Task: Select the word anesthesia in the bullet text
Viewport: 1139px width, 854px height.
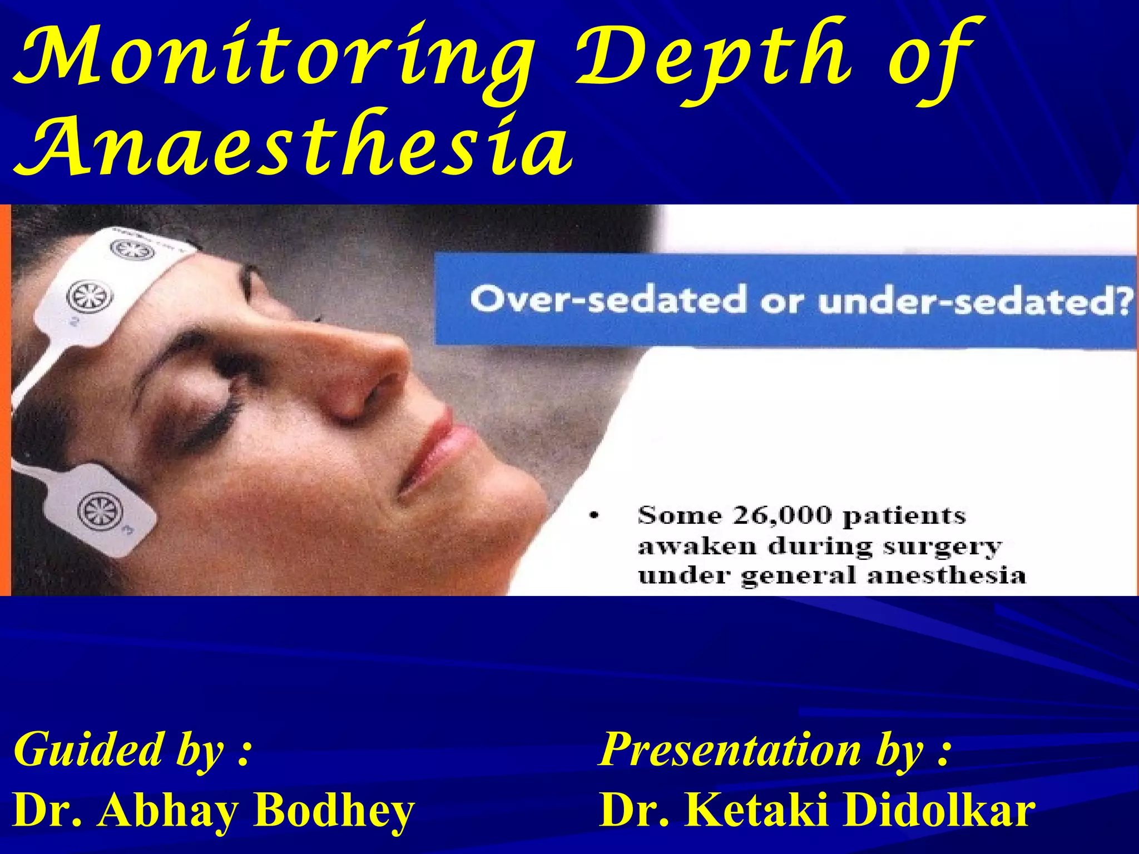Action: pyautogui.click(x=946, y=575)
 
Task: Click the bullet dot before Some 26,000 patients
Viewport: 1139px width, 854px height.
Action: pyautogui.click(x=595, y=516)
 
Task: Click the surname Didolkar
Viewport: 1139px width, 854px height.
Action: pyautogui.click(x=939, y=811)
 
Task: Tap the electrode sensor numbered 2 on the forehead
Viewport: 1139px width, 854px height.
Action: pyautogui.click(x=89, y=297)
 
